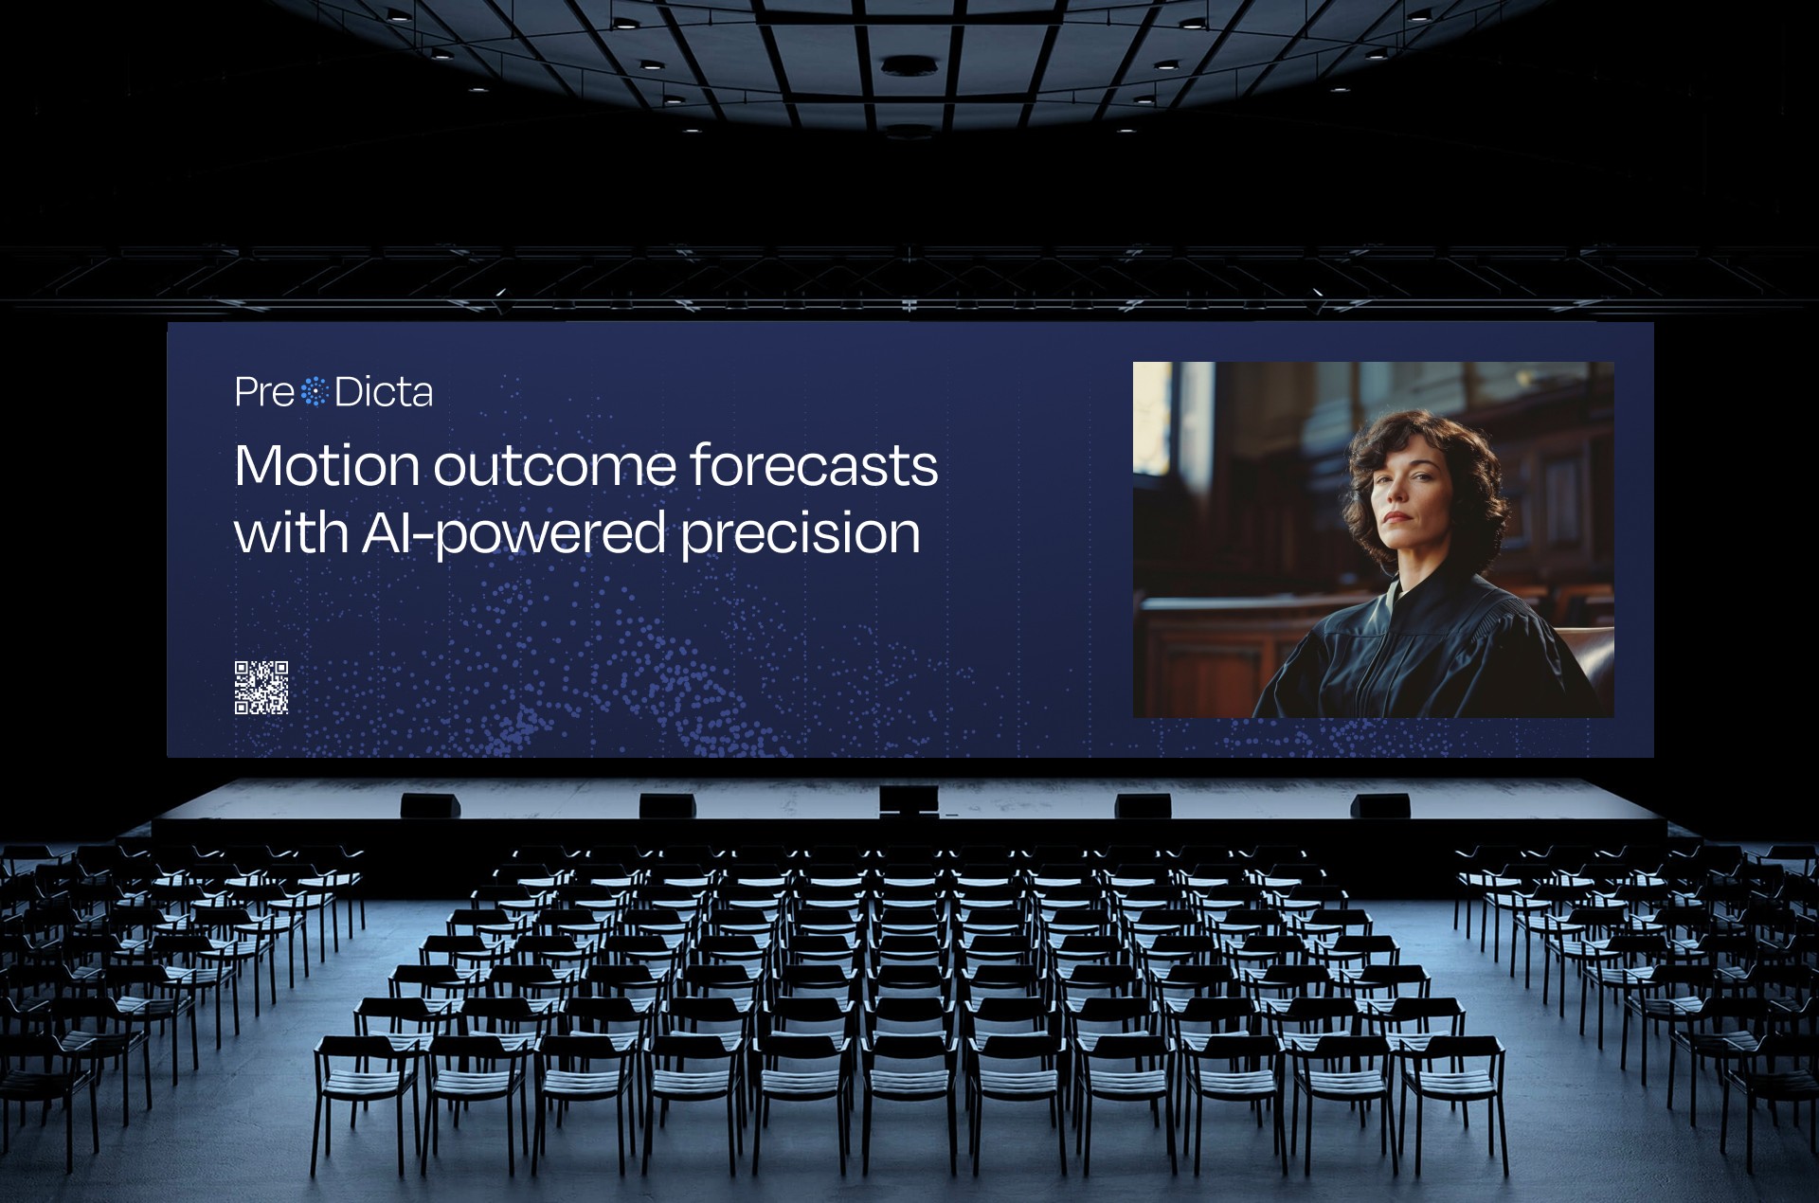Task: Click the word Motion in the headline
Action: (x=327, y=465)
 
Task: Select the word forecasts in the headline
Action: (x=814, y=465)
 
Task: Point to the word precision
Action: (x=801, y=532)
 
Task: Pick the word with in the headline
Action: (x=291, y=531)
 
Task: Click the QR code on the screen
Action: (x=261, y=687)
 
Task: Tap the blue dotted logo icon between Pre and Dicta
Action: (x=314, y=391)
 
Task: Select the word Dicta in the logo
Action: (x=384, y=392)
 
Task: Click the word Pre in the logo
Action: (x=264, y=392)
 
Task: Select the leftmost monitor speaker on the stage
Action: (x=431, y=805)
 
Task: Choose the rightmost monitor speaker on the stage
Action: (x=1380, y=805)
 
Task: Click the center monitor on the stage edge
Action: (x=909, y=800)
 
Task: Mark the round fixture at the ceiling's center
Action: (x=909, y=66)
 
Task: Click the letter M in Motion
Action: (x=258, y=466)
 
